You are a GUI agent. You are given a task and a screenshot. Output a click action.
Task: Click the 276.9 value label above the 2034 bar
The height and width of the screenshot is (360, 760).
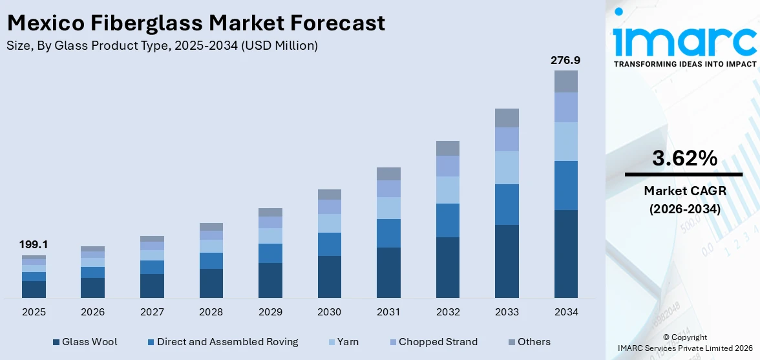pos(565,60)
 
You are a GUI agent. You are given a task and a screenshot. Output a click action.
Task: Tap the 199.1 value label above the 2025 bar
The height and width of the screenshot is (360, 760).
pos(34,244)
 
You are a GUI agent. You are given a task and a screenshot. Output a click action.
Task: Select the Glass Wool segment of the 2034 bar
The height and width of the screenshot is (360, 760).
pos(565,253)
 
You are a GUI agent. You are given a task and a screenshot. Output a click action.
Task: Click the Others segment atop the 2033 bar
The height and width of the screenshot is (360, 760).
pos(507,118)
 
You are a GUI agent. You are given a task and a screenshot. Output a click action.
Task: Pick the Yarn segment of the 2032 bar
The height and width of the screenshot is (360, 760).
pos(447,190)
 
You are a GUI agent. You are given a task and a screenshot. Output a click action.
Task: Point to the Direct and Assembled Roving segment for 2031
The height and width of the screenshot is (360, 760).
pos(388,233)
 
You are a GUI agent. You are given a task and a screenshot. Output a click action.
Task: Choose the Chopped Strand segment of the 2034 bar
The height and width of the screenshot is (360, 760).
pos(565,107)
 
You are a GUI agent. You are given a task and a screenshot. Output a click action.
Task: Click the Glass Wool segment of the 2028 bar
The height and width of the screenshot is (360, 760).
pos(211,283)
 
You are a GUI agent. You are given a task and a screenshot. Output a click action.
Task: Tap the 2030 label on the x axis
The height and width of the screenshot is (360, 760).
pos(329,312)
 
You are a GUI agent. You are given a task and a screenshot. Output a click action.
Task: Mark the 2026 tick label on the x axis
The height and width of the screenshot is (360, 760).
pos(93,312)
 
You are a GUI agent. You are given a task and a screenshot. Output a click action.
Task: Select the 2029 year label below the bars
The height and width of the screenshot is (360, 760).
pos(270,312)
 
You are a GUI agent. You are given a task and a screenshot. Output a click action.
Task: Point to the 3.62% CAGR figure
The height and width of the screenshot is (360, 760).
pos(684,158)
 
